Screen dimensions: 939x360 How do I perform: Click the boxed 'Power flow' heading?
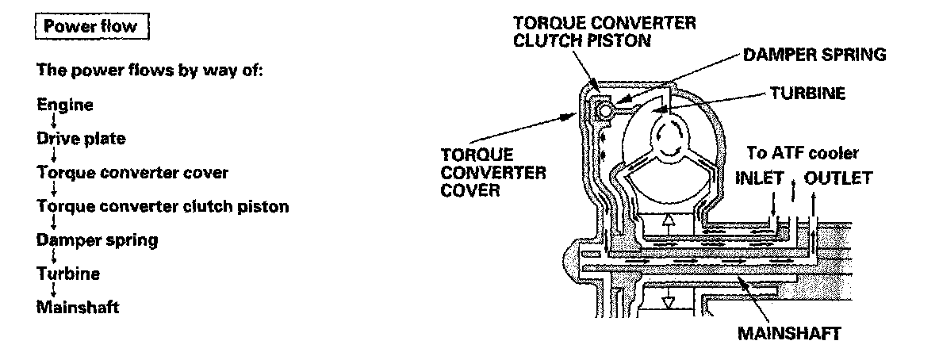click(x=90, y=26)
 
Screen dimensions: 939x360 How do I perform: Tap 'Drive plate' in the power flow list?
click(x=81, y=139)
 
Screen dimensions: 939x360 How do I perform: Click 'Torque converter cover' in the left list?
click(x=132, y=173)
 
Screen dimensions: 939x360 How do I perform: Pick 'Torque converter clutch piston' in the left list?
click(x=163, y=206)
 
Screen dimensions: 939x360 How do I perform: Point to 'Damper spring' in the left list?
click(x=98, y=239)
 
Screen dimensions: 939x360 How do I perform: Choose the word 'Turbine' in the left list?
click(x=68, y=274)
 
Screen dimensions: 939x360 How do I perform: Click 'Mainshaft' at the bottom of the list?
click(x=78, y=307)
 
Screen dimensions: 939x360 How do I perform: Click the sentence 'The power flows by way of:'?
click(x=149, y=70)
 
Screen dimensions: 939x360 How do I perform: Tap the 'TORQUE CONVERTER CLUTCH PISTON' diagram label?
click(x=605, y=32)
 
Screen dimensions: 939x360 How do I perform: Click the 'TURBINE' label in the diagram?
click(x=808, y=94)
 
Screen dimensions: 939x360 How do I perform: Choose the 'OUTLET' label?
click(x=837, y=178)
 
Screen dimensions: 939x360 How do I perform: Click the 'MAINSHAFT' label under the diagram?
click(x=788, y=334)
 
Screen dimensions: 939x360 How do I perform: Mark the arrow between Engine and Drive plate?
click(x=53, y=121)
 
